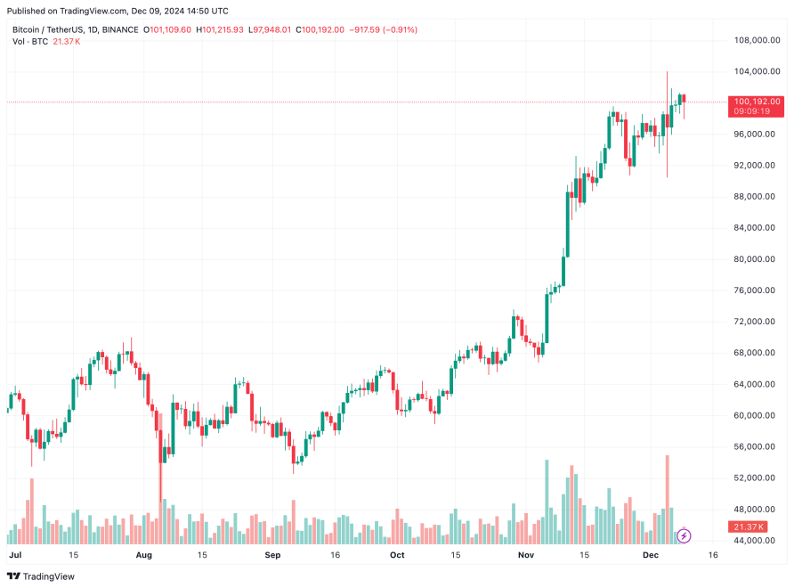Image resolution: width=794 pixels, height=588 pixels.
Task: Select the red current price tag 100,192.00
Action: pyautogui.click(x=757, y=102)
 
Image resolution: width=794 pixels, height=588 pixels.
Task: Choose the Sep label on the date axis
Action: pyautogui.click(x=272, y=555)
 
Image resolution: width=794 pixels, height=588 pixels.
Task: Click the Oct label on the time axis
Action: pyautogui.click(x=397, y=555)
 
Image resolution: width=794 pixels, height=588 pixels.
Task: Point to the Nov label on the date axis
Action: pyautogui.click(x=525, y=555)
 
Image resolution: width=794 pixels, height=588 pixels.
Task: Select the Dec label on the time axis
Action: pyautogui.click(x=650, y=555)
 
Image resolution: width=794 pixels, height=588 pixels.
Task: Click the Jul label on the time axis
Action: pyautogui.click(x=14, y=555)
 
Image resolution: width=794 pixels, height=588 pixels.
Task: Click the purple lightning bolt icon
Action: pyautogui.click(x=684, y=535)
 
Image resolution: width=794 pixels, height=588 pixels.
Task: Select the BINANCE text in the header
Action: pyautogui.click(x=120, y=29)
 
